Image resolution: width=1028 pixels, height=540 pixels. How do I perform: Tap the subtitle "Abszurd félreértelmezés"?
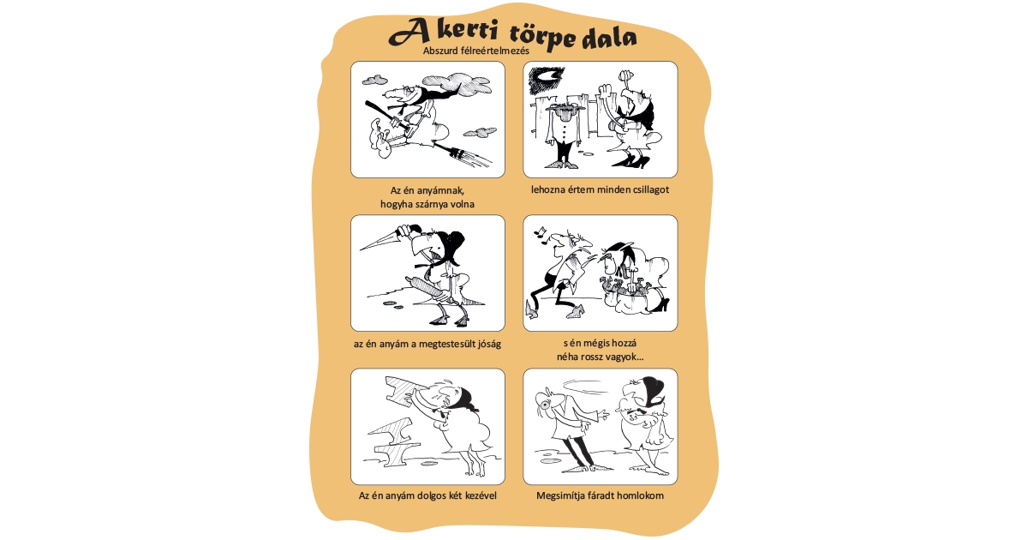tap(476, 51)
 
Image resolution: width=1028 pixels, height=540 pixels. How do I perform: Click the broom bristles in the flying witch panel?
tap(469, 156)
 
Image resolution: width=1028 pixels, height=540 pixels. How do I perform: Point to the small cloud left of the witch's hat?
tap(374, 80)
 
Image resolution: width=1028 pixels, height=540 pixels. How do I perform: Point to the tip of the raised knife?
tap(362, 250)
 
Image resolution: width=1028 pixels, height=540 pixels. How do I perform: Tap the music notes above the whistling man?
tap(541, 232)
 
